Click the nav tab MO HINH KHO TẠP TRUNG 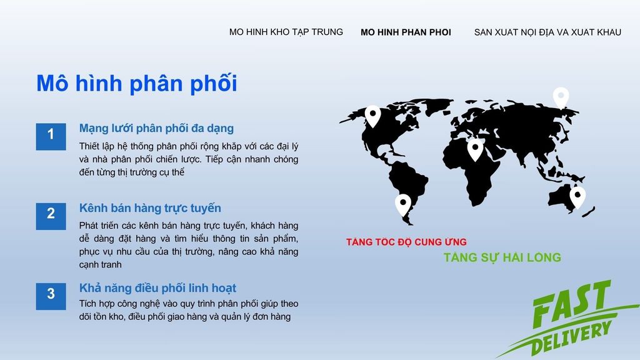(x=286, y=32)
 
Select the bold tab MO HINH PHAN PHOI (x=406, y=32)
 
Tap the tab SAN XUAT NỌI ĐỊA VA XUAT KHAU (x=547, y=32)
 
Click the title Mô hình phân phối (x=137, y=84)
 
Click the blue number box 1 (x=51, y=137)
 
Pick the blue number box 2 (x=51, y=216)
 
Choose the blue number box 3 (x=51, y=296)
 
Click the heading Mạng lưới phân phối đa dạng (x=156, y=129)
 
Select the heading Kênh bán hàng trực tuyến (x=150, y=208)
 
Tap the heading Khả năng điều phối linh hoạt (x=157, y=288)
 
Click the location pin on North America (x=372, y=116)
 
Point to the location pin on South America (x=403, y=204)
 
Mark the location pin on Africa (x=476, y=149)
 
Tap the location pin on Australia (x=577, y=197)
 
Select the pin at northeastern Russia (x=561, y=97)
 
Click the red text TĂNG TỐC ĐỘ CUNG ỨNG (x=406, y=242)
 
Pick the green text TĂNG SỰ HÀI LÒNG (x=502, y=257)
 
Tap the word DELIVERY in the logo (x=571, y=339)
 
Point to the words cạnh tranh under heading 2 (x=101, y=264)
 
